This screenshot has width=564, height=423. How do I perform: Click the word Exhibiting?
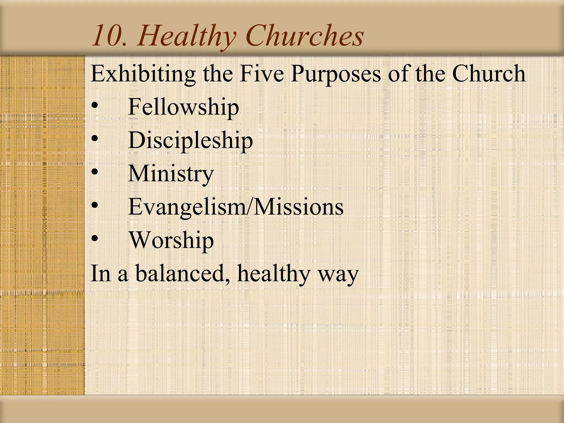click(x=143, y=74)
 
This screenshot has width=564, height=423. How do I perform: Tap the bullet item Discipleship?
click(x=190, y=140)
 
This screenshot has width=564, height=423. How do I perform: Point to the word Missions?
click(x=299, y=207)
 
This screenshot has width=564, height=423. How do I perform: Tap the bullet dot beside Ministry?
click(x=95, y=172)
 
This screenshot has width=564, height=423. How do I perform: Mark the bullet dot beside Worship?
click(x=95, y=238)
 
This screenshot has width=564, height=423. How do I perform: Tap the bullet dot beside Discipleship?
click(x=95, y=139)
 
